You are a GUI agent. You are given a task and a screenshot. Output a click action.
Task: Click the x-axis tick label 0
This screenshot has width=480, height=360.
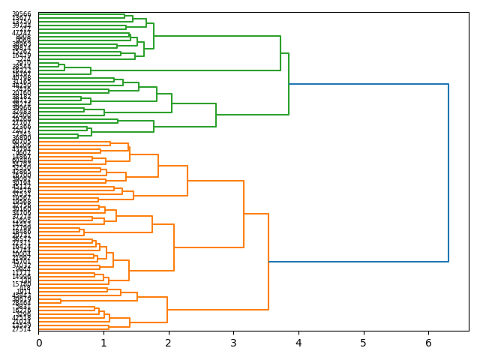[x=38, y=343]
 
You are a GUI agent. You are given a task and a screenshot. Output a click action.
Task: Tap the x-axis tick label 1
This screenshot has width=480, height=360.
[x=103, y=343]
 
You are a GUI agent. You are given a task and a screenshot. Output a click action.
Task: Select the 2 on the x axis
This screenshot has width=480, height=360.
[x=169, y=343]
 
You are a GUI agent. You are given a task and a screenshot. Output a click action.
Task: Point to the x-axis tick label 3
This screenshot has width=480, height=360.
[x=233, y=343]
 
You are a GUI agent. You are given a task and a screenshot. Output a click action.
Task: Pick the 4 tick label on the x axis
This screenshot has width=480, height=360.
[x=298, y=343]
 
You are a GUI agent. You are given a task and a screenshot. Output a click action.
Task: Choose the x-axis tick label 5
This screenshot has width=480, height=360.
[x=364, y=343]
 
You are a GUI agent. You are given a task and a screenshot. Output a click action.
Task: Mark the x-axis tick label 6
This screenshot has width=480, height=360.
[x=428, y=343]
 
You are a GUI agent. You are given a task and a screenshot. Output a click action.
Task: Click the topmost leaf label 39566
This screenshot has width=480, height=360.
[x=21, y=14]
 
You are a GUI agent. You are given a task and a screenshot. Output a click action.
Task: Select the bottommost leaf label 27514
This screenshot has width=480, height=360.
[x=21, y=329]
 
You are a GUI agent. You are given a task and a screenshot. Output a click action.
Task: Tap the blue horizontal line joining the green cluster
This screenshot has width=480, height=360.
[x=368, y=84]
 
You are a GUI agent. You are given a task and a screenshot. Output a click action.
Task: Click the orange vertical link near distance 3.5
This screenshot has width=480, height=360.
[x=268, y=262]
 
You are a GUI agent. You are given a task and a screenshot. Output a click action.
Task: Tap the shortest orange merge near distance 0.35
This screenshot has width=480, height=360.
[x=61, y=301]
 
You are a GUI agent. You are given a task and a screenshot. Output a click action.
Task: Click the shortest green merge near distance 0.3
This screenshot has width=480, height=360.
[x=58, y=65]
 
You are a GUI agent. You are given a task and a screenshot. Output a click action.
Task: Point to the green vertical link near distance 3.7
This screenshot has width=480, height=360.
[x=280, y=53]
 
